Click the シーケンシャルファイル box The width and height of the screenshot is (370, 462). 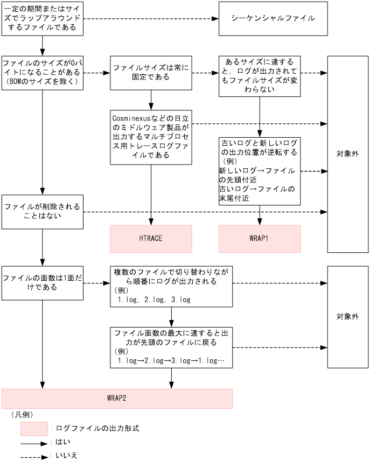coord(273,18)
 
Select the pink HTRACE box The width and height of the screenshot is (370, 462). coord(151,239)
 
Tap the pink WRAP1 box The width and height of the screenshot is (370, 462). coord(260,239)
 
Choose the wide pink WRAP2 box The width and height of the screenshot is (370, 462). coord(117,399)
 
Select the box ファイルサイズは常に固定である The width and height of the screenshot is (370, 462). coord(151,73)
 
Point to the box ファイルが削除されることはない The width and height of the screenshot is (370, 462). coord(43,211)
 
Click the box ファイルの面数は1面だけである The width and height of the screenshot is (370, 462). coord(43,283)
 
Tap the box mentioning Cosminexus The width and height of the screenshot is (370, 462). coord(151,137)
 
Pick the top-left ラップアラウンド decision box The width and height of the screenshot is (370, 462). coord(43,18)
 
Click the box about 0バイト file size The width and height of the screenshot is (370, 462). coord(43,73)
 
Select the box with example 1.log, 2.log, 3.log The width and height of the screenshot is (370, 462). coord(171,286)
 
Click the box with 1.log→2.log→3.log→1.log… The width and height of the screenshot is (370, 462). coord(171,347)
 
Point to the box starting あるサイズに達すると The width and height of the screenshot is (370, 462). coord(260,76)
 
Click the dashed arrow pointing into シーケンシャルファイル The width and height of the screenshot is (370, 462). coord(151,19)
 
